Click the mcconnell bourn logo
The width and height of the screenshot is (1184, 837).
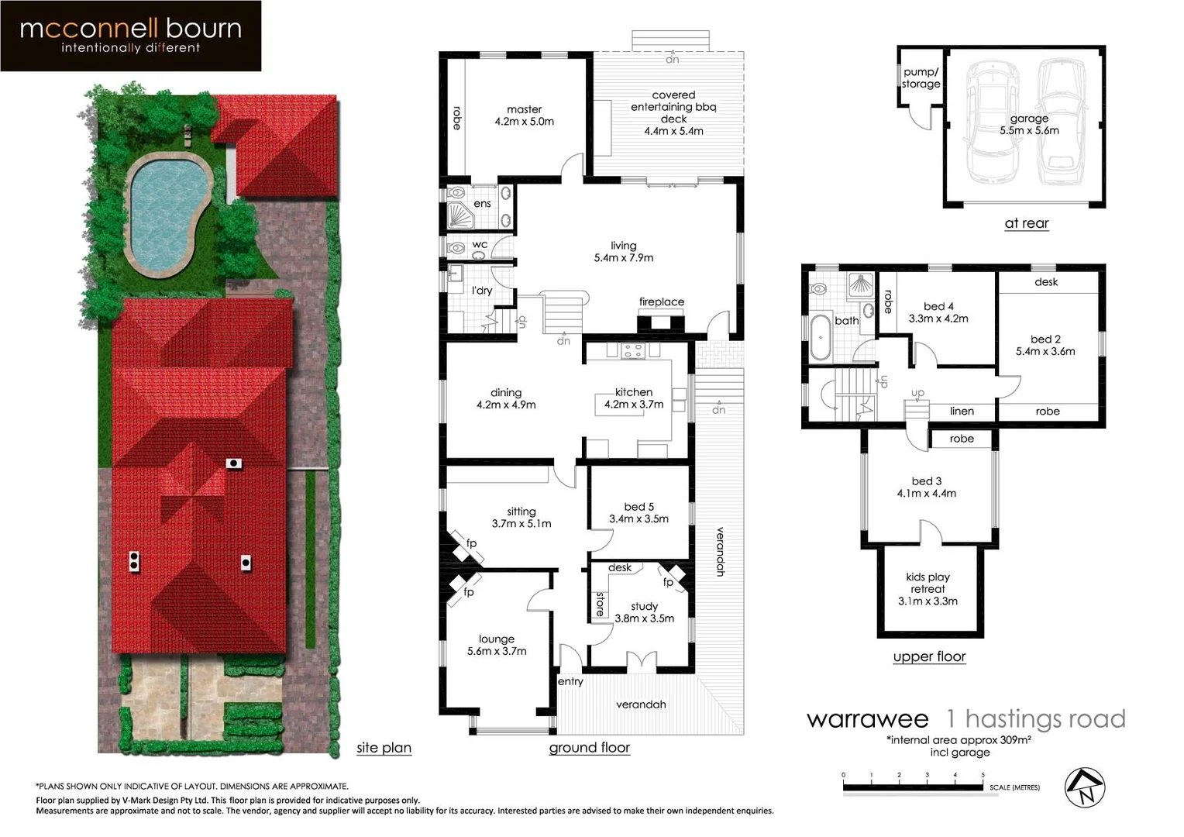[130, 36]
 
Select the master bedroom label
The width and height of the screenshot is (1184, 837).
[524, 115]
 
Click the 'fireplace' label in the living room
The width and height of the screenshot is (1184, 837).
[661, 301]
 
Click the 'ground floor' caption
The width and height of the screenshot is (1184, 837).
[589, 747]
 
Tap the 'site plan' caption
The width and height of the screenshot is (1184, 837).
[384, 747]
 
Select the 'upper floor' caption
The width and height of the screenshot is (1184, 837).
[929, 656]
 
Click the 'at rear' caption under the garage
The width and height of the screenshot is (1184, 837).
[1026, 223]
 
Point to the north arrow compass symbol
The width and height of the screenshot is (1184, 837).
[1085, 787]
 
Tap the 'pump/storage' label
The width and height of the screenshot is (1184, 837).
[921, 77]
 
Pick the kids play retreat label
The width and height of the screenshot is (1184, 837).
[928, 588]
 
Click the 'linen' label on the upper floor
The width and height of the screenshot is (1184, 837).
[962, 411]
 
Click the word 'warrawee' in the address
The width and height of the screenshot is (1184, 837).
[867, 719]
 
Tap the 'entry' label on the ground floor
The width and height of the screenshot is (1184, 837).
[570, 681]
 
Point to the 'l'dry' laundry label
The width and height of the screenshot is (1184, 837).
[482, 291]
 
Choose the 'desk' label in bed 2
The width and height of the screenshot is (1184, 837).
[1046, 282]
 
